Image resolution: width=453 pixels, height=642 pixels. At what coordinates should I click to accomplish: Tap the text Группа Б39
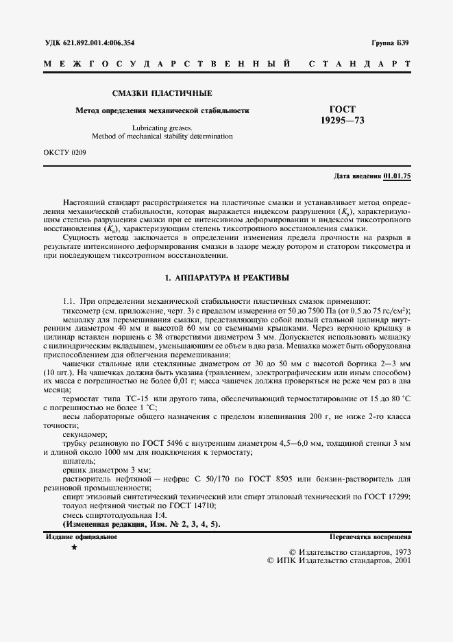[x=391, y=43]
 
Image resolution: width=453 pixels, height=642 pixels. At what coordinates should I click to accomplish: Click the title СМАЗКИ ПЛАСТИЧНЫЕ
[x=162, y=93]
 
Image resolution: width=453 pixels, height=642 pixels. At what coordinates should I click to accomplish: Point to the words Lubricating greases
[x=162, y=128]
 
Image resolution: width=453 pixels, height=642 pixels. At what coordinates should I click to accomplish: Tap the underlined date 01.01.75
[x=397, y=176]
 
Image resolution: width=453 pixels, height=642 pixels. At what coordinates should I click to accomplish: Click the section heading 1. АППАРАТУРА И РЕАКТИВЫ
[x=227, y=278]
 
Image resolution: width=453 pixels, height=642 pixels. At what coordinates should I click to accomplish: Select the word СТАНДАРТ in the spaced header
[x=360, y=64]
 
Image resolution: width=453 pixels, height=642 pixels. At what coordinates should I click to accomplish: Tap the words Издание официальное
[x=82, y=536]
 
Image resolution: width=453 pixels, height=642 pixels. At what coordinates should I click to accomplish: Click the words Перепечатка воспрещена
[x=370, y=536]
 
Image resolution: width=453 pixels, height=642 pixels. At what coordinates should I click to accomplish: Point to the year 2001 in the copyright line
[x=398, y=560]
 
